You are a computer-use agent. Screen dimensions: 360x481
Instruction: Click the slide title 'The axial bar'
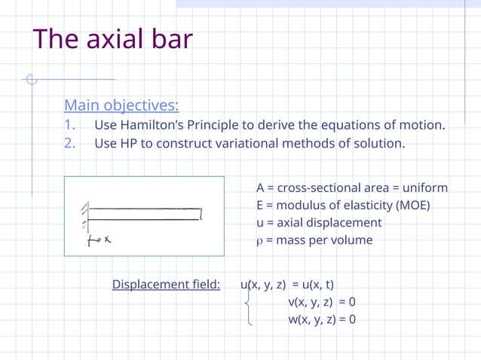click(113, 39)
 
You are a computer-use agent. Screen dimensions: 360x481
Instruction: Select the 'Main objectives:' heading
click(121, 105)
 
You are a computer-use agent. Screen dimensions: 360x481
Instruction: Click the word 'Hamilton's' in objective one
click(149, 124)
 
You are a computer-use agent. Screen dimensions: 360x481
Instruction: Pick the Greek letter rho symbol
click(260, 241)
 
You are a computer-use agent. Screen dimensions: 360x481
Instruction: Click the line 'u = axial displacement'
click(319, 223)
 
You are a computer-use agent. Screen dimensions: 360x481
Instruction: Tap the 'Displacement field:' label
click(166, 285)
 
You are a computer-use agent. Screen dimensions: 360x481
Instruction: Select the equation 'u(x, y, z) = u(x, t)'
click(287, 285)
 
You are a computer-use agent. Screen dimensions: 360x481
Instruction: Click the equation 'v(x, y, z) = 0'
click(322, 302)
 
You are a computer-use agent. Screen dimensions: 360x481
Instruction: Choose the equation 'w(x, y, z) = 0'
click(322, 319)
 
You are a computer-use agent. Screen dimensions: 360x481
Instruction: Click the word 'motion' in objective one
click(421, 124)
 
